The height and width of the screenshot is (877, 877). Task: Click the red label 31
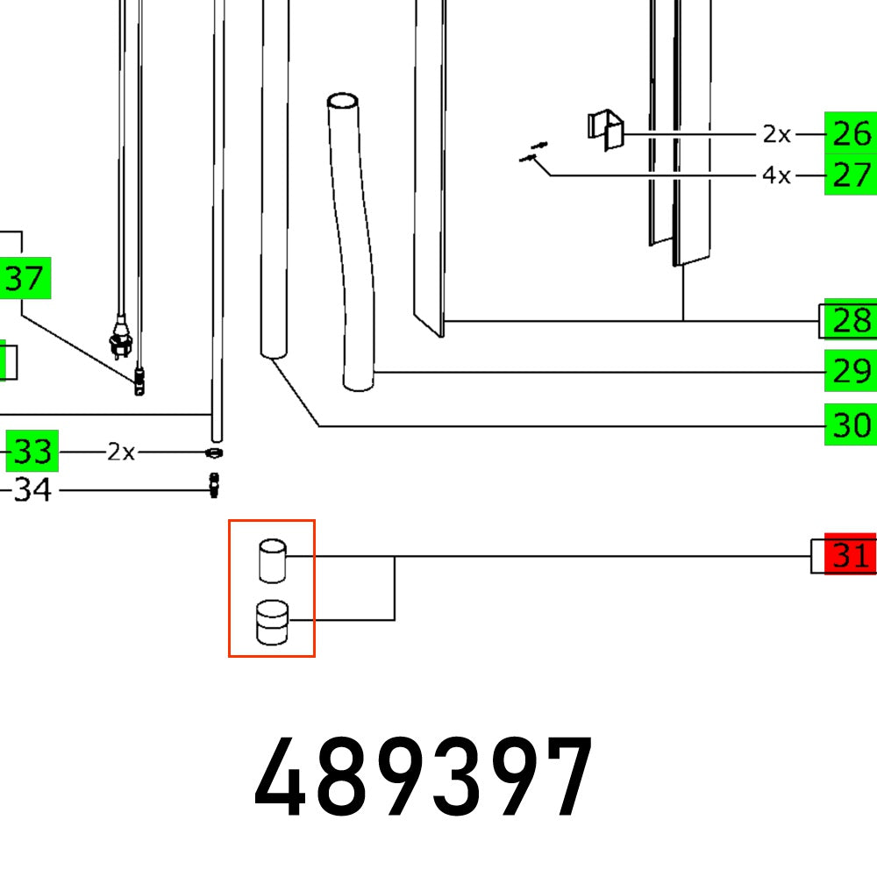coord(850,556)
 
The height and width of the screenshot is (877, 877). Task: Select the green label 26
coord(850,134)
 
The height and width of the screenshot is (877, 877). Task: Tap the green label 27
coord(850,175)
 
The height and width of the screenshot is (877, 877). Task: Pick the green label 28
coord(850,321)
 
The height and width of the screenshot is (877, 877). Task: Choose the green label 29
coord(850,372)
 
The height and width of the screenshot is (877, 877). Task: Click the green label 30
coord(850,426)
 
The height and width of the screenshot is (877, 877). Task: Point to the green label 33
coord(32,453)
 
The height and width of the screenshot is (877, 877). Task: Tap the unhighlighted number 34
coord(32,489)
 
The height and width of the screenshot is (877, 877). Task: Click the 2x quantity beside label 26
coord(776,134)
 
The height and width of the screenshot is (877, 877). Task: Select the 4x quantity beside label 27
coord(776,175)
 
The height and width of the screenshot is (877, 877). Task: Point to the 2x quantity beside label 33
coord(121,453)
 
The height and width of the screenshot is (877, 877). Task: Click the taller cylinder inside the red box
coord(273,560)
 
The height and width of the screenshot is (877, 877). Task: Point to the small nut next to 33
coord(213,453)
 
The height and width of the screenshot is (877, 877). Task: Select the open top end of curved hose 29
coord(344,101)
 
